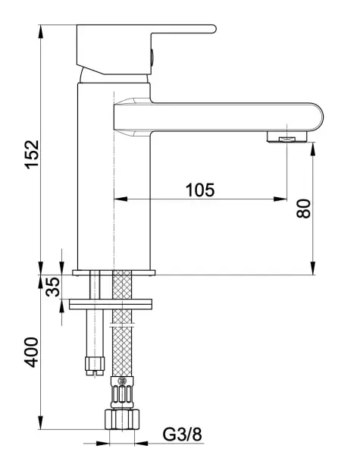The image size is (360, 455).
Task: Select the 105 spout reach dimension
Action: (199, 190)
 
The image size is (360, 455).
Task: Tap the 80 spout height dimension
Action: (303, 208)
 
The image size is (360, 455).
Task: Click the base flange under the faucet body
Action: (114, 271)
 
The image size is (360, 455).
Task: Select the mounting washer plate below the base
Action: (111, 305)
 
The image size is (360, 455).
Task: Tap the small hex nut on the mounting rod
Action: (95, 365)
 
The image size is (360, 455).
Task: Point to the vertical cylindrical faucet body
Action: (95, 174)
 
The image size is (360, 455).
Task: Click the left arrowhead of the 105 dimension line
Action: (117, 199)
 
